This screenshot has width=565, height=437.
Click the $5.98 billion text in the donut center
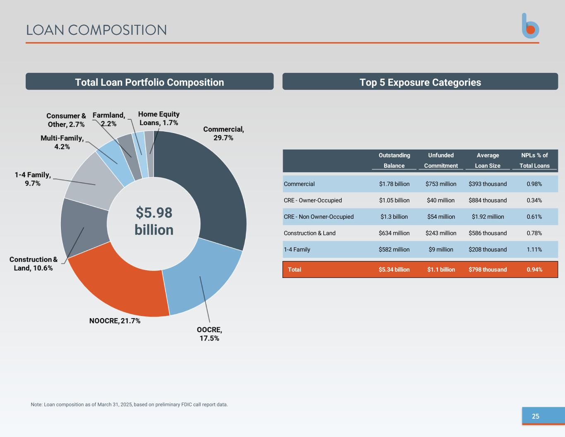click(x=154, y=221)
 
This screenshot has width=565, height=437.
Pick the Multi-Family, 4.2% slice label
click(x=62, y=142)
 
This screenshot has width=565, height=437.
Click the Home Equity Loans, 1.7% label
click(x=159, y=118)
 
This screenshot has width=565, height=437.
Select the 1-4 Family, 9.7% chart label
click(x=33, y=179)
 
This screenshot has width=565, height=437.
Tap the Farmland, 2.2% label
click(x=108, y=119)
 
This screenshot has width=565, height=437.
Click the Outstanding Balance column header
click(x=394, y=160)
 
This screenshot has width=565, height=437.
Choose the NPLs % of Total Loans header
click(x=534, y=160)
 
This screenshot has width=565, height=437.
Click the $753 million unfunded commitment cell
click(x=441, y=184)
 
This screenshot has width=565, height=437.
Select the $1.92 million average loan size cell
click(x=488, y=217)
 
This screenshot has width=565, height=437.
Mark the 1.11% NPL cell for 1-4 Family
click(x=534, y=249)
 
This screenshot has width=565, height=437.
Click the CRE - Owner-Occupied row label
click(x=313, y=200)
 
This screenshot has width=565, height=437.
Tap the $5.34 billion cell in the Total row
click(x=394, y=270)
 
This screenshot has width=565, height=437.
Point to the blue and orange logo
click(x=530, y=26)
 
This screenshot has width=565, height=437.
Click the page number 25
click(x=536, y=416)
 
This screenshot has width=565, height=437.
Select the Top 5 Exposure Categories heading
click(x=420, y=82)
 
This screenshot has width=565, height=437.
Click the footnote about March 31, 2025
click(x=129, y=405)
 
